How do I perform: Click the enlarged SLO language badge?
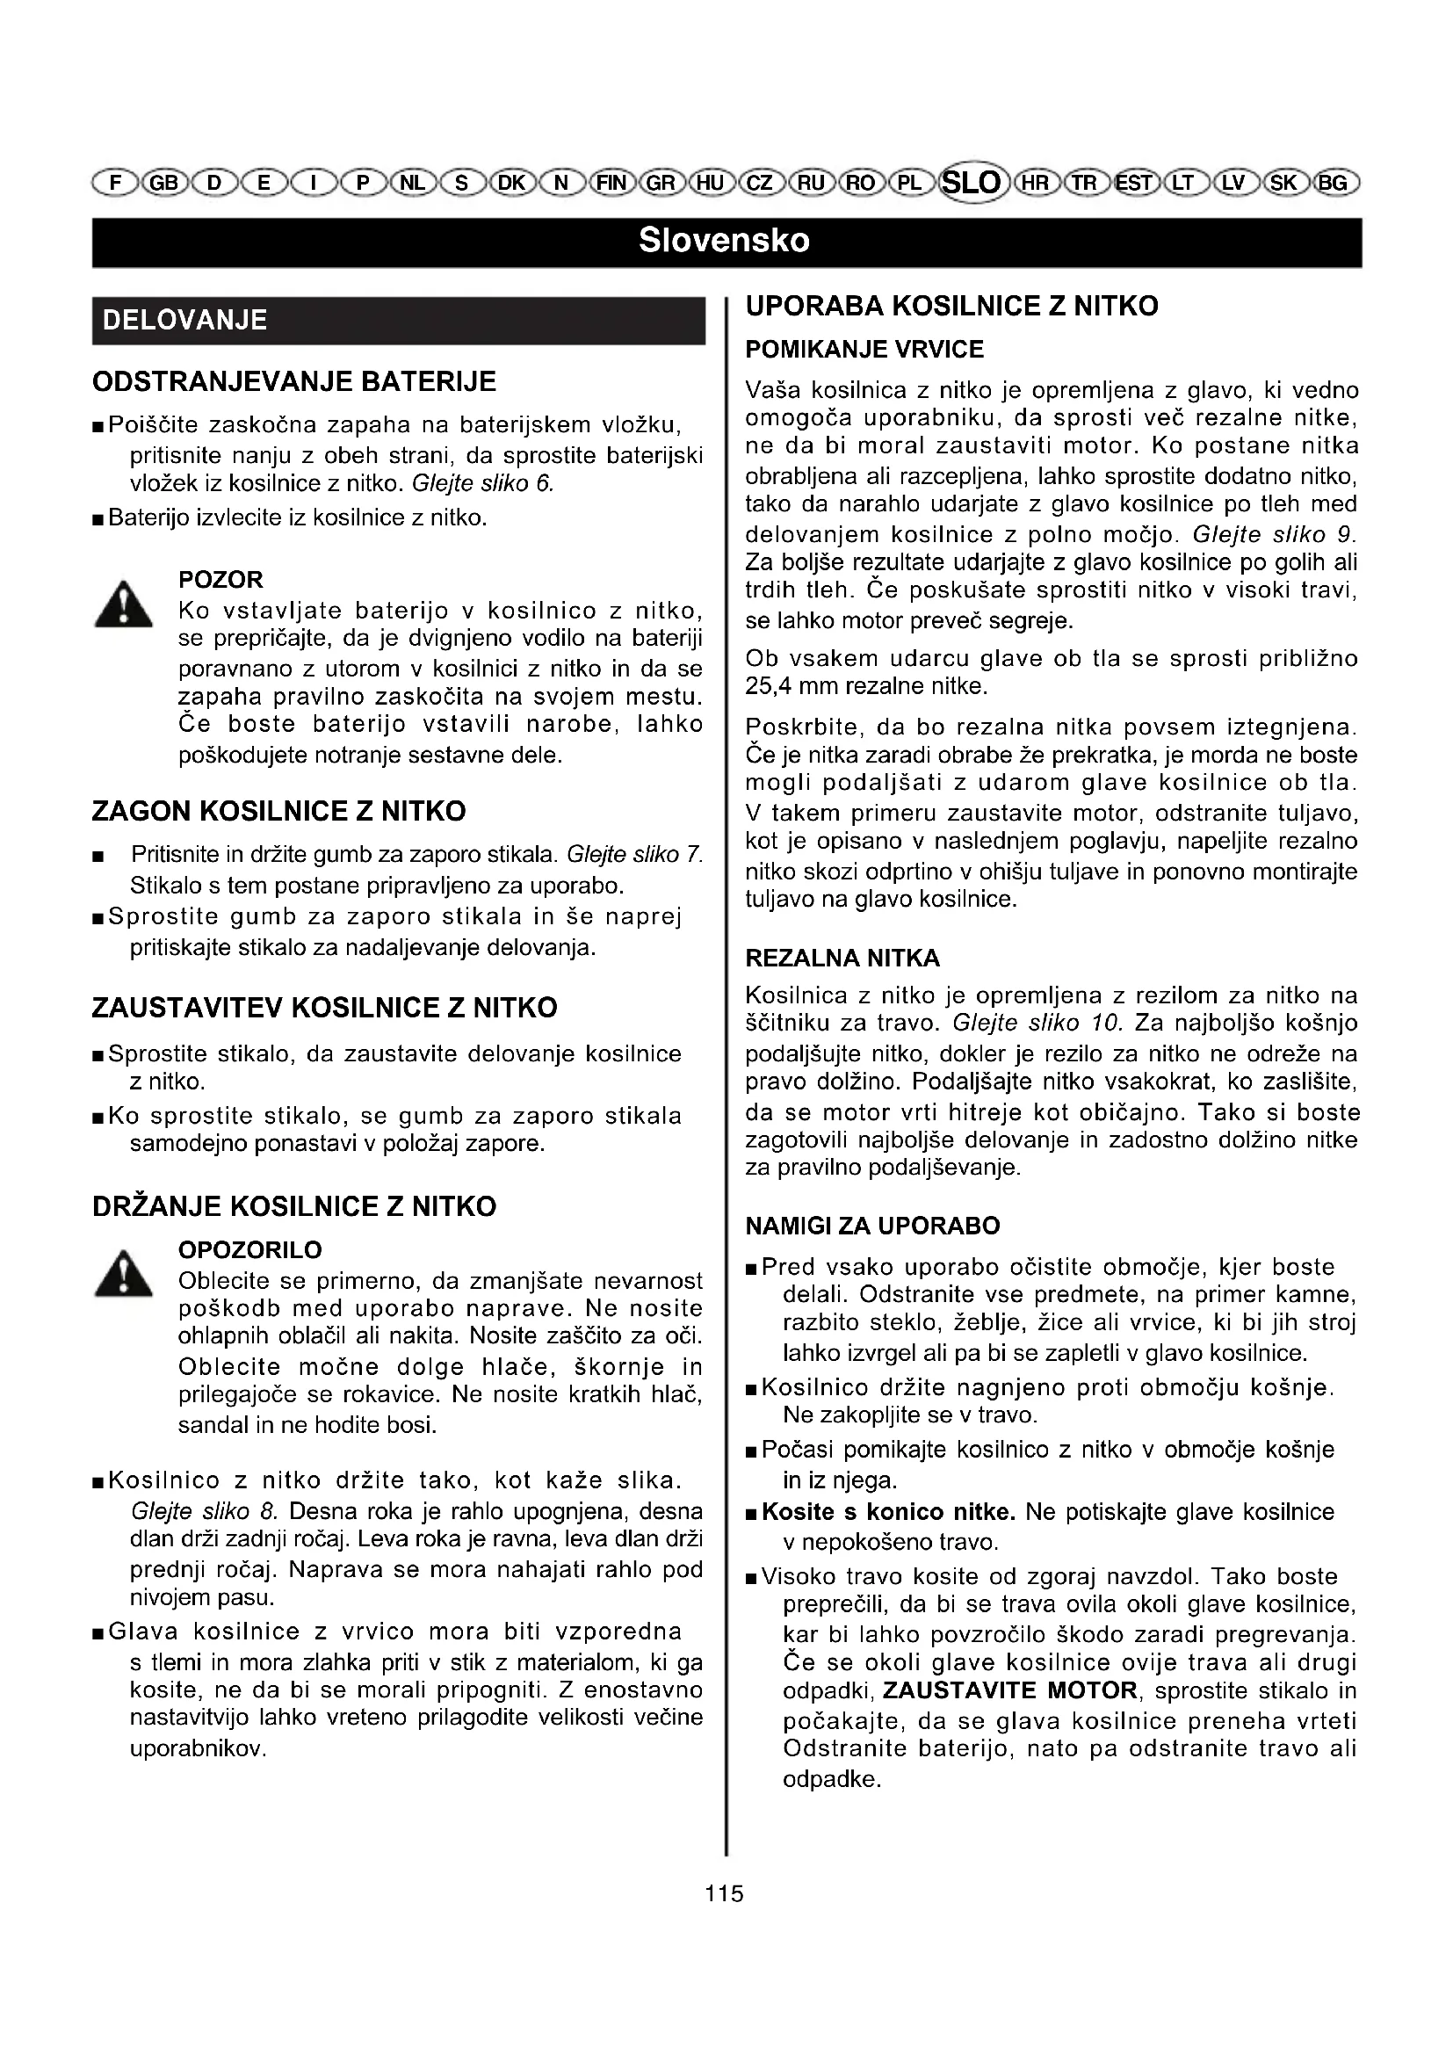pos(972,183)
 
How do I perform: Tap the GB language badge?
pos(163,184)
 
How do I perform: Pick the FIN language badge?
pos(612,184)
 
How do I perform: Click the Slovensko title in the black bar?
pos(725,241)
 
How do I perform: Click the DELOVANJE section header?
pos(185,321)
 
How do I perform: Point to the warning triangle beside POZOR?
pos(124,605)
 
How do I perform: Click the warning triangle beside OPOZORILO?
pos(124,1275)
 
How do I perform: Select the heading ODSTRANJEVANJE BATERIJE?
pos(294,382)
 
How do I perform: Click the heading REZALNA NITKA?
pos(842,959)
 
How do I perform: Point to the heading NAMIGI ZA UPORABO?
pos(872,1226)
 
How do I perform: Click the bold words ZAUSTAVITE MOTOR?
pos(1010,1690)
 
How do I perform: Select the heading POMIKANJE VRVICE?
pos(864,350)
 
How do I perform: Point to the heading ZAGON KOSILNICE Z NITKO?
pos(279,812)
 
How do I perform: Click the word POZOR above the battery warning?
pos(221,580)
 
